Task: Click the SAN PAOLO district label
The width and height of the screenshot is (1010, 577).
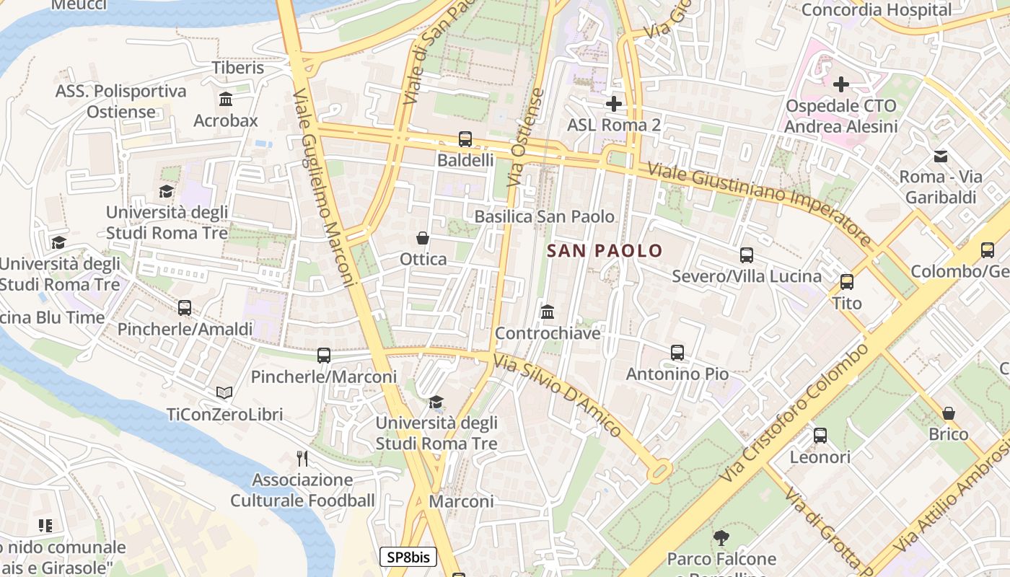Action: pyautogui.click(x=605, y=250)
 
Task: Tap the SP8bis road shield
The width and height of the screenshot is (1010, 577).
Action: pyautogui.click(x=408, y=557)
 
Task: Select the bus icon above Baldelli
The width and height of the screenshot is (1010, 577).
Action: pyautogui.click(x=465, y=139)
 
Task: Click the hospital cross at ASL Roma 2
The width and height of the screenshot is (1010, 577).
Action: pyautogui.click(x=614, y=104)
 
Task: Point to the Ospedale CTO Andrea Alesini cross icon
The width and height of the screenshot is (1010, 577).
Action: pyautogui.click(x=840, y=84)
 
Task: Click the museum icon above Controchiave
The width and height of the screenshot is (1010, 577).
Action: pyautogui.click(x=548, y=312)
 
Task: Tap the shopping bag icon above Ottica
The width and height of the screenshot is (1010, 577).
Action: pyautogui.click(x=423, y=238)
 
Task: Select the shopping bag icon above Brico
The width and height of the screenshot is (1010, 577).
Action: pyautogui.click(x=949, y=413)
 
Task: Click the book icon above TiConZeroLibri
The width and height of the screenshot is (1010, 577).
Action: pyautogui.click(x=224, y=393)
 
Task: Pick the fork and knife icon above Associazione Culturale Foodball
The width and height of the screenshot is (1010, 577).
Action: pyautogui.click(x=302, y=458)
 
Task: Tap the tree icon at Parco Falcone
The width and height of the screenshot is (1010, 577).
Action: pyautogui.click(x=721, y=537)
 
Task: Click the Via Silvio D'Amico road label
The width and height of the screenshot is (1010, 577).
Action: pyautogui.click(x=558, y=395)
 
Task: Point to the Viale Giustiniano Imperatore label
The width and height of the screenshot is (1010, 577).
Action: pyautogui.click(x=760, y=204)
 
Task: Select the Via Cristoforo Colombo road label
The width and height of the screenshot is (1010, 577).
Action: pyautogui.click(x=794, y=413)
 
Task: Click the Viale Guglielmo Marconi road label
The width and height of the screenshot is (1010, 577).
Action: pyautogui.click(x=325, y=188)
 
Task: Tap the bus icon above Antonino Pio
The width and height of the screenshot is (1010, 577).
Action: pyautogui.click(x=677, y=353)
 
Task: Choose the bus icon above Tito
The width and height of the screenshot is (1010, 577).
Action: pyautogui.click(x=847, y=281)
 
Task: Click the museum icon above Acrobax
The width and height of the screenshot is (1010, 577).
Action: pyautogui.click(x=226, y=99)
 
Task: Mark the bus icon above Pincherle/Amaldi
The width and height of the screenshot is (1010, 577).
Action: pyautogui.click(x=185, y=308)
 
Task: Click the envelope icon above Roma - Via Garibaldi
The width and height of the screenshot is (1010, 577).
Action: pyautogui.click(x=941, y=156)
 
